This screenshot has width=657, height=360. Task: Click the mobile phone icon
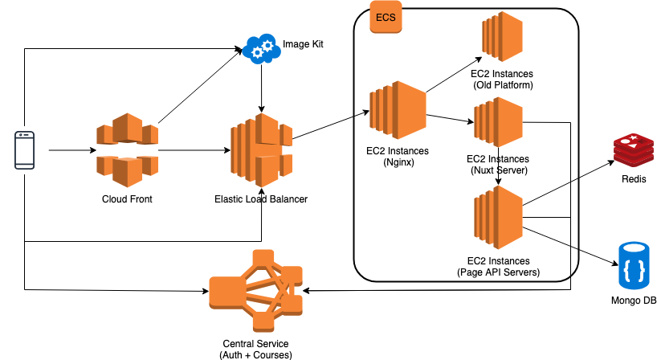[x=26, y=150]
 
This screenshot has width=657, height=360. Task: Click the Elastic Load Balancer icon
[x=260, y=149]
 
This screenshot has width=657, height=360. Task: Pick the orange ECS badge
[x=386, y=18]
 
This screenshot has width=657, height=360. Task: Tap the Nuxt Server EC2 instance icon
[x=498, y=122]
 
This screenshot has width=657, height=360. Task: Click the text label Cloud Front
[x=127, y=198]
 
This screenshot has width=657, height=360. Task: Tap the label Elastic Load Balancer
[x=261, y=198]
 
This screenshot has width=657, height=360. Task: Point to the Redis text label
[x=634, y=179]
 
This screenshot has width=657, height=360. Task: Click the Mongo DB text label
[x=633, y=301]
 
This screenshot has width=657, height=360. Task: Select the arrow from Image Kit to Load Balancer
[x=261, y=88]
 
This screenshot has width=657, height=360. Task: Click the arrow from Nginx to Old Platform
[x=454, y=74]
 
